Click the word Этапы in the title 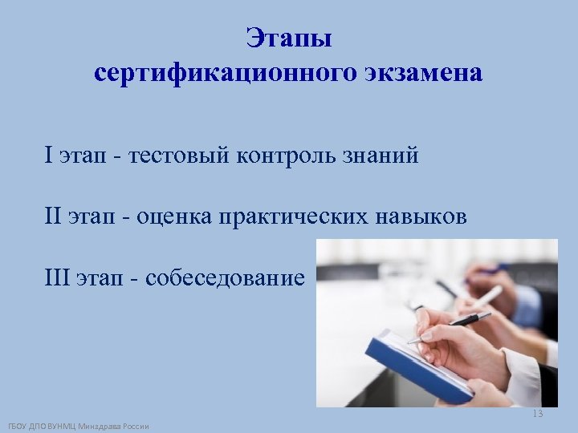click(x=289, y=38)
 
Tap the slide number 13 click(x=537, y=414)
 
